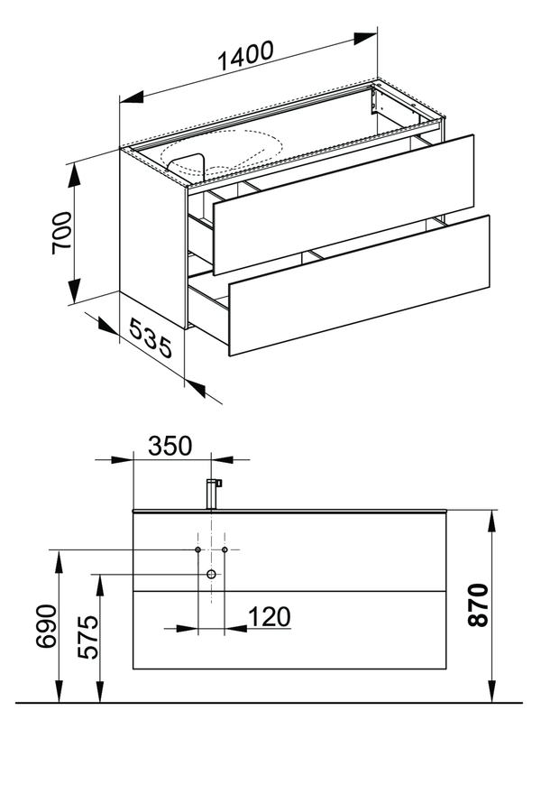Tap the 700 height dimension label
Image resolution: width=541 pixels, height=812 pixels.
61,233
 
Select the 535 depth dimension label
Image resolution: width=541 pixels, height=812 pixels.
151,338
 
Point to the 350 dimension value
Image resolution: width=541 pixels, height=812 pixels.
170,446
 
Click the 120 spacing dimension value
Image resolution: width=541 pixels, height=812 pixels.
270,617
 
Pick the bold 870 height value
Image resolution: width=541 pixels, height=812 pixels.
478,604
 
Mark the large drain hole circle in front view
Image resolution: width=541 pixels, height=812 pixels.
211,574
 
